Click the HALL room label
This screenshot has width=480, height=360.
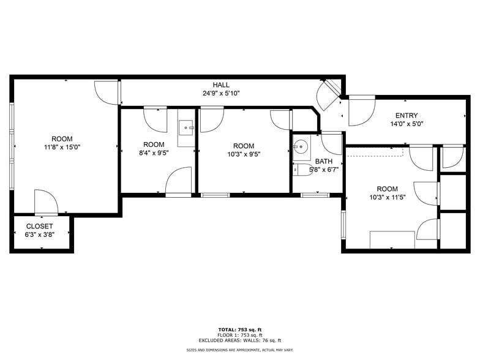click(222, 84)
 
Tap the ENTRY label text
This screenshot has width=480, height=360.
click(407, 115)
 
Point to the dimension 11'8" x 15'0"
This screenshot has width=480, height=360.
click(62, 147)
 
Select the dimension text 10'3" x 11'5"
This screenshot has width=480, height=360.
click(387, 198)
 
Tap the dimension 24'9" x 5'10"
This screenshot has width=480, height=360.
click(222, 94)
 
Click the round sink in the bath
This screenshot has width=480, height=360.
click(301, 146)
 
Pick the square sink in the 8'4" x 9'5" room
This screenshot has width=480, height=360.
click(186, 128)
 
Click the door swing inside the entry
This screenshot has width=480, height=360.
click(361, 110)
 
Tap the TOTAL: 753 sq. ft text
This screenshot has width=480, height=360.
click(240, 330)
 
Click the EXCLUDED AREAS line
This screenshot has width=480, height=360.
click(240, 340)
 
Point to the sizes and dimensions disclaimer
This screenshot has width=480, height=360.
click(240, 350)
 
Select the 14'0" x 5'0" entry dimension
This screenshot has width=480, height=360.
click(407, 124)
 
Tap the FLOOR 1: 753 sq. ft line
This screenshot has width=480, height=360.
click(240, 336)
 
